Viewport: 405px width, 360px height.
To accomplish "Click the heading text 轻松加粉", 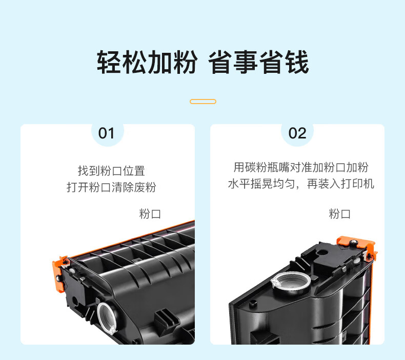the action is tap(147, 62).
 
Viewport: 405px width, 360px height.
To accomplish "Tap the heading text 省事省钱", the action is tap(258, 62).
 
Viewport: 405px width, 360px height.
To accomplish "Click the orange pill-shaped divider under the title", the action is tap(203, 102).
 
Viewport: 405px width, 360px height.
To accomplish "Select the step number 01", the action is tap(107, 133).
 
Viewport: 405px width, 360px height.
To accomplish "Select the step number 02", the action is tap(297, 133).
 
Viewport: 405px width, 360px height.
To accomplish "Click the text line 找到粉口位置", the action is tap(111, 171).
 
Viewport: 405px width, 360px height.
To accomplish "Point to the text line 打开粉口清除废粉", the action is tap(111, 187).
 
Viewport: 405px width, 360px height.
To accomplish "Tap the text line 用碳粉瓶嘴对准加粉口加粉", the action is tap(301, 167).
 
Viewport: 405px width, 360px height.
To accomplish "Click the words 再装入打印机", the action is tap(340, 184).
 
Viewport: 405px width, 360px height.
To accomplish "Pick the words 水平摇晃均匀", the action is tap(261, 184).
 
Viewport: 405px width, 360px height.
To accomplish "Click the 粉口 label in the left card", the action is tap(150, 214).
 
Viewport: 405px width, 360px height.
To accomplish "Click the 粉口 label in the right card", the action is tap(340, 214).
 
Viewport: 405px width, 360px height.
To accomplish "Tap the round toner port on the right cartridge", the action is tap(291, 283).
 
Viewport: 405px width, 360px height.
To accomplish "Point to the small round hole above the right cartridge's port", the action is tap(322, 252).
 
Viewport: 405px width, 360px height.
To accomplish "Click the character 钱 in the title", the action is tap(297, 62).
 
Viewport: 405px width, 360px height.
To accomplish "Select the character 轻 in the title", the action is tap(109, 62).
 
